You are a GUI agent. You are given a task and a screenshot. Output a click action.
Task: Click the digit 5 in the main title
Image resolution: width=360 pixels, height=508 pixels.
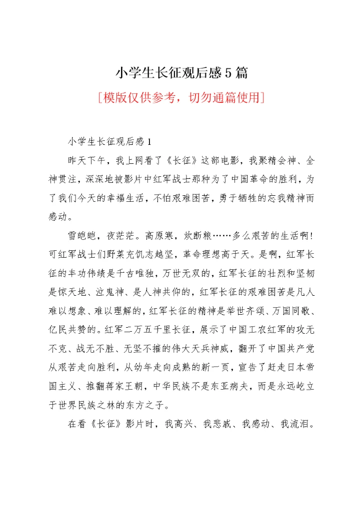(228, 73)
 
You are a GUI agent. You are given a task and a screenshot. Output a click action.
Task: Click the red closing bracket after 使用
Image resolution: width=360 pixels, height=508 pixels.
(262, 96)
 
